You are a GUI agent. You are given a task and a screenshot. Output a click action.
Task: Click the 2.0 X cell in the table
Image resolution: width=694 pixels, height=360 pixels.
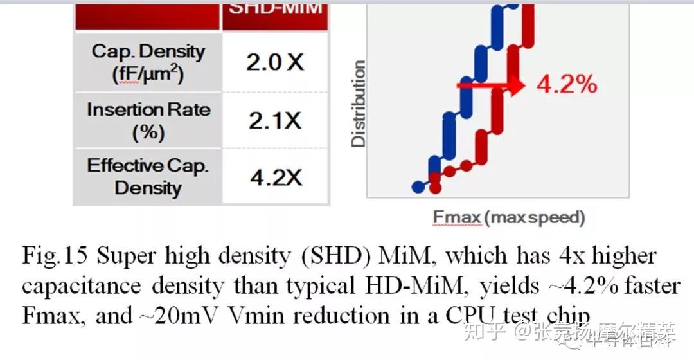tap(275, 62)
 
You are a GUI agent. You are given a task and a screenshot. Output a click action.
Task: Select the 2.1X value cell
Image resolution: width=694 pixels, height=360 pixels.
tap(275, 120)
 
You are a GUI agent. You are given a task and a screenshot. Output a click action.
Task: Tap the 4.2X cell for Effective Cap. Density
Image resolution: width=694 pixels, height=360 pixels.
tap(276, 177)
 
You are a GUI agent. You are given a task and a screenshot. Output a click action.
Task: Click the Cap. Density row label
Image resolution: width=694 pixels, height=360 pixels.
tap(148, 62)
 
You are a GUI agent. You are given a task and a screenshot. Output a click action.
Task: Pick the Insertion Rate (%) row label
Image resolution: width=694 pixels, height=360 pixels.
tap(148, 120)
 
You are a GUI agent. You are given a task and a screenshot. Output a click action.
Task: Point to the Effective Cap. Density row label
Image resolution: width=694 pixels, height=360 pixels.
tap(148, 177)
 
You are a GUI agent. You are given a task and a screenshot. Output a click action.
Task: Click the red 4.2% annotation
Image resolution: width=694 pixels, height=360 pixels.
tap(566, 84)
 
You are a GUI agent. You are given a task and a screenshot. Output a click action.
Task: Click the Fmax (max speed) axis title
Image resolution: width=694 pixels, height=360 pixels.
tap(508, 217)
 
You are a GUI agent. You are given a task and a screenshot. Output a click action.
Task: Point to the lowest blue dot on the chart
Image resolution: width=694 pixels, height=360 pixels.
tap(418, 186)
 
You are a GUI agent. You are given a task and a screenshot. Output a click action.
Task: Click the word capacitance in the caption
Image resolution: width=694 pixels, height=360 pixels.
tap(84, 286)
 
